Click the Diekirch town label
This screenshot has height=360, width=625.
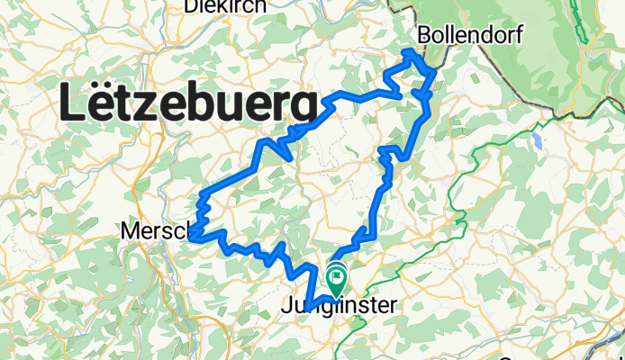224,6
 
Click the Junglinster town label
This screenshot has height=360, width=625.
339,307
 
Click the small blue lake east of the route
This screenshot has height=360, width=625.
538,141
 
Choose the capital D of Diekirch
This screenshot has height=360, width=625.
190,6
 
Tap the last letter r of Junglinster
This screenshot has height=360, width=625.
391,308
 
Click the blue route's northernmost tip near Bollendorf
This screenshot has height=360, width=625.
413,51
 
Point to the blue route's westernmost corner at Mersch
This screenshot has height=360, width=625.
192,236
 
